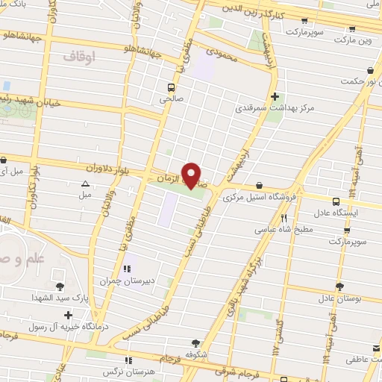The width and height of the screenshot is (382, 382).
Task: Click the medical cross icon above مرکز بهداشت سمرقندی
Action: pos(276,96)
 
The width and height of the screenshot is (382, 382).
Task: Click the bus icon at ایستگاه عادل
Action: pos(336,200)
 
